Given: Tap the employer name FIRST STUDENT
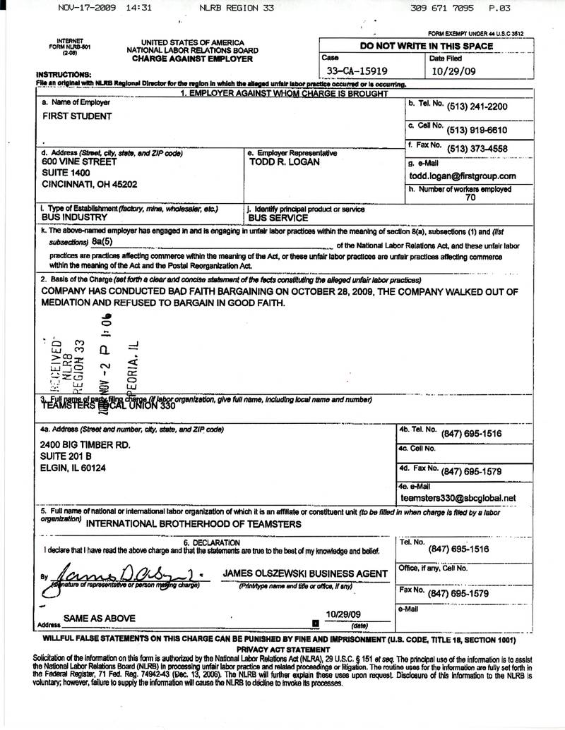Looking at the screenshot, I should [77, 115].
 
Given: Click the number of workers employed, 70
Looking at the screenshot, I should [470, 199].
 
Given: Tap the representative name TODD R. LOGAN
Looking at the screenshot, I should [285, 162].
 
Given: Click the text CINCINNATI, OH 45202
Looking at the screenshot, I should [90, 183].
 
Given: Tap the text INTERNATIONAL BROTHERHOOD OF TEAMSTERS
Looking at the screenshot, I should [194, 524].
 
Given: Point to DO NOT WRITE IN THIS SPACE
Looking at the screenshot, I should [427, 46].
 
